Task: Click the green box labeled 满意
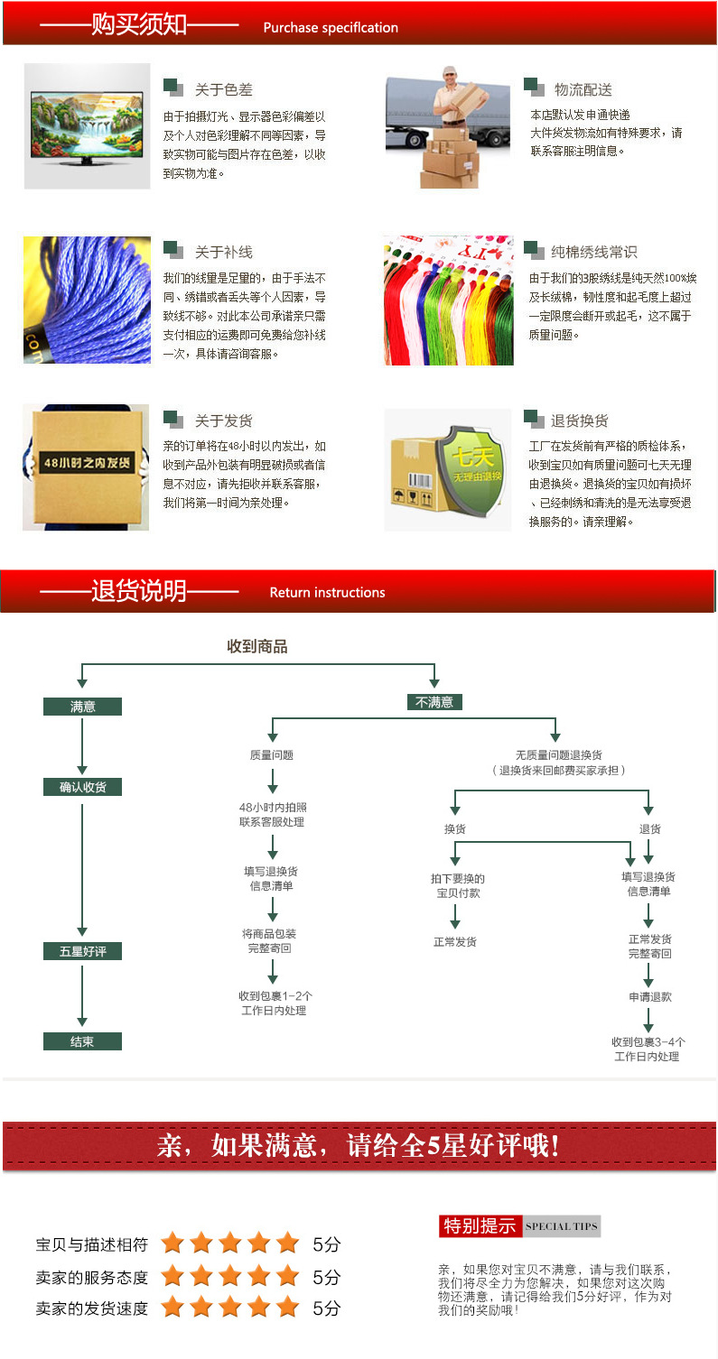[82, 707]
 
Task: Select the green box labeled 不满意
[434, 702]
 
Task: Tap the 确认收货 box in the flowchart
[82, 787]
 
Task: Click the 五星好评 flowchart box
[82, 951]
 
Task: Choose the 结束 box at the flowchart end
[82, 1041]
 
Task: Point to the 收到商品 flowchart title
[257, 647]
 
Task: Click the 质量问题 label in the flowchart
[272, 754]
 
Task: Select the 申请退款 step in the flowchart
[650, 997]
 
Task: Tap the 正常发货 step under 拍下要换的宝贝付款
[455, 941]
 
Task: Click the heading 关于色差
[224, 90]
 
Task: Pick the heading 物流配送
[583, 90]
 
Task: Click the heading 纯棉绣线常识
[594, 252]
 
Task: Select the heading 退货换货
[580, 421]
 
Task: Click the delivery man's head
[450, 77]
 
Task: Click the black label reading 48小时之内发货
[87, 462]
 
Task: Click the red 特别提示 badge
[480, 1226]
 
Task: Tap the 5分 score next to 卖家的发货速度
[326, 1308]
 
